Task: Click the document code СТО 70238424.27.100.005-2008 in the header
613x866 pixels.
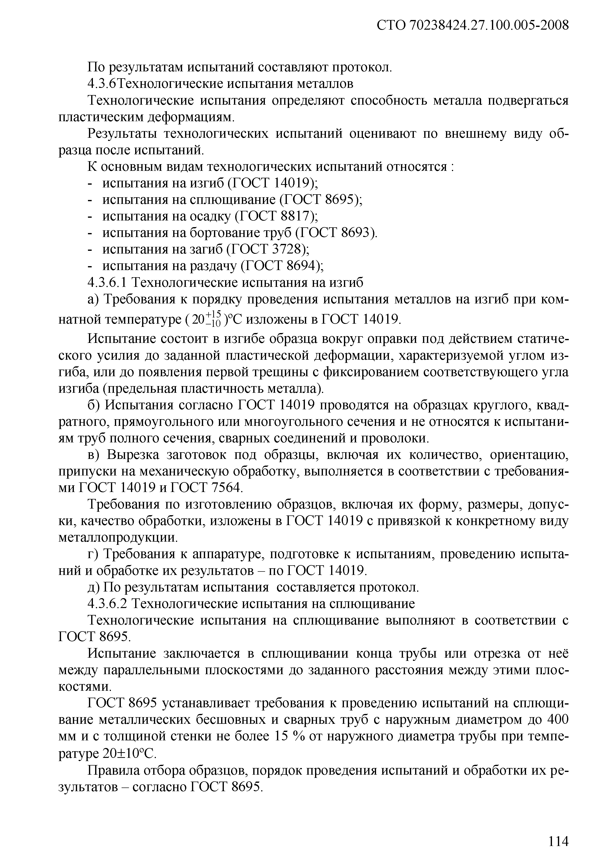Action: coord(473,25)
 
